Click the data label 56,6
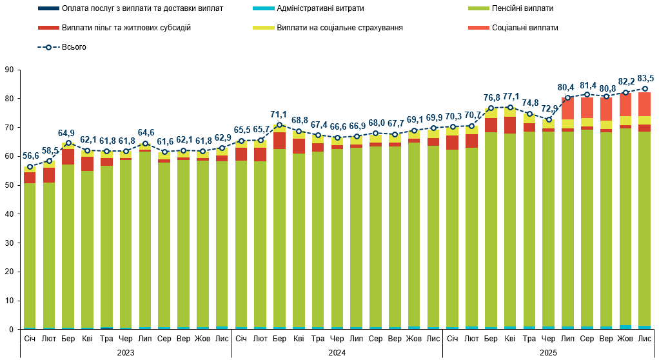coord(30,156)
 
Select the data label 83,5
coord(644,78)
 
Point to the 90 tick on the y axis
coord(8,70)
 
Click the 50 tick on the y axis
coord(8,185)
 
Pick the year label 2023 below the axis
coord(125,352)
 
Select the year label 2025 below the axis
coord(548,352)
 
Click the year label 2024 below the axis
coord(337,352)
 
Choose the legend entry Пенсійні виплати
coord(522,8)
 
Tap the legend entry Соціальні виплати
coord(525,28)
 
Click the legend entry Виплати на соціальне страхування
coord(340,28)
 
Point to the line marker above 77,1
coord(510,107)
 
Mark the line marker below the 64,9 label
coord(68,143)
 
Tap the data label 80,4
coord(567,87)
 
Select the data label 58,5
coord(50,150)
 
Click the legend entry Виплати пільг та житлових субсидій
coord(126,28)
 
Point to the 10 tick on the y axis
coord(8,301)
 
